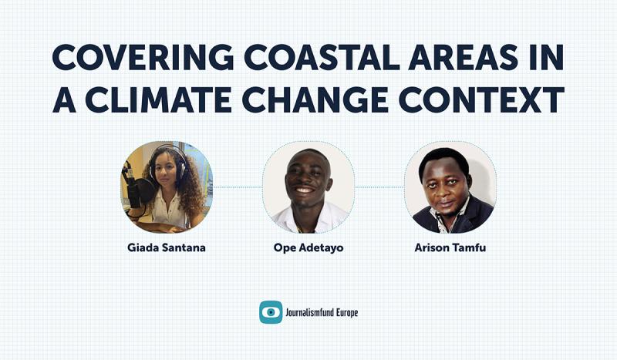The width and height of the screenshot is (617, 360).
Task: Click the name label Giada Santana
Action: pyautogui.click(x=167, y=248)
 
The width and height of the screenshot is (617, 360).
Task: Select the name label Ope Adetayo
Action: pyautogui.click(x=308, y=248)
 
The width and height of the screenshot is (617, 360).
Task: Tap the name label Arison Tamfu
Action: pyautogui.click(x=450, y=248)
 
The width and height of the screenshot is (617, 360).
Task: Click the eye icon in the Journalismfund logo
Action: pyautogui.click(x=271, y=311)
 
